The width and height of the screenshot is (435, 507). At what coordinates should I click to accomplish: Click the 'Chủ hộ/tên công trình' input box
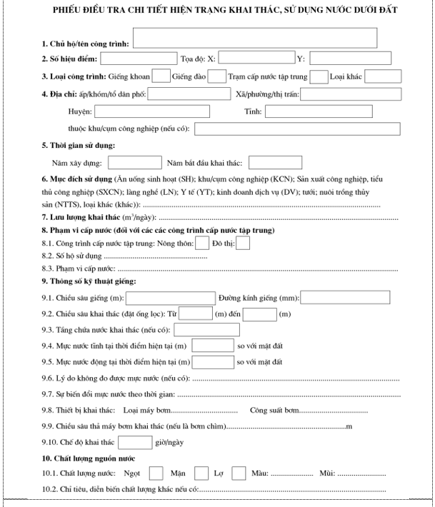click(x=254, y=38)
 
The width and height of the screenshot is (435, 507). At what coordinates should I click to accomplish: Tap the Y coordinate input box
click(x=351, y=59)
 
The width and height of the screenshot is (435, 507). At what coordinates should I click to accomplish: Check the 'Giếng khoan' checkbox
click(x=162, y=76)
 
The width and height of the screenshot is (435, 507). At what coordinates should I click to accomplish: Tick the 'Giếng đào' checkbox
click(x=217, y=76)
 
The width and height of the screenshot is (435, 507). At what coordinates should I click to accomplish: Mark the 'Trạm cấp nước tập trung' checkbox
click(x=319, y=76)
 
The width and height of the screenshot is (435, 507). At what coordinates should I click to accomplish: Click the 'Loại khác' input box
click(x=378, y=76)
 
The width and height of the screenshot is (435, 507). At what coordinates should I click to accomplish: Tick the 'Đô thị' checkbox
click(x=243, y=244)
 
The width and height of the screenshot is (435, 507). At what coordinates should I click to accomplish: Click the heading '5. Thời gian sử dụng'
click(x=79, y=146)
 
